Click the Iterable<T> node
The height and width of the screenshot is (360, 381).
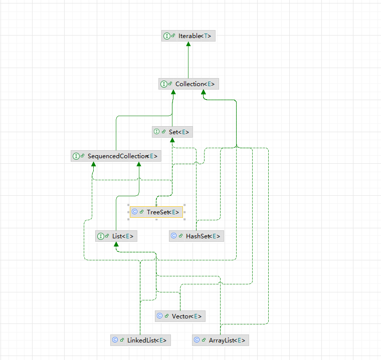tap(188, 36)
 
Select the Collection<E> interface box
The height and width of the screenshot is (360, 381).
tap(188, 84)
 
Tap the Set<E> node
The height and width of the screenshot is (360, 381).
tap(172, 132)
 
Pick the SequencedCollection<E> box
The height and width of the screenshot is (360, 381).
tap(116, 156)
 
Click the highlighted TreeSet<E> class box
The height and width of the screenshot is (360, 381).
tap(156, 212)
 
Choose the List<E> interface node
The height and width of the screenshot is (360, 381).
tap(116, 236)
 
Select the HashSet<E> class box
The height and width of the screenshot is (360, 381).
tap(196, 236)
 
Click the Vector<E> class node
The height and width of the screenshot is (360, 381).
tap(180, 316)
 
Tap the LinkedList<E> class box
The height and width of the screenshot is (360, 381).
tap(140, 340)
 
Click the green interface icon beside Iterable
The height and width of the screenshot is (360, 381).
tap(166, 36)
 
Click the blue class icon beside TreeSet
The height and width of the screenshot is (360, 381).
tap(134, 212)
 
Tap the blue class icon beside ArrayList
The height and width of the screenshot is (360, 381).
tap(197, 340)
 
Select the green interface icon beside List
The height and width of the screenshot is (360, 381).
tap(100, 236)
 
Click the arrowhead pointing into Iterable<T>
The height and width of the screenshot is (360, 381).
tap(188, 44)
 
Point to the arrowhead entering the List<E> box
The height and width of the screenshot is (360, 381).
tap(116, 244)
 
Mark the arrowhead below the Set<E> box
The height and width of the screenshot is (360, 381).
tap(172, 140)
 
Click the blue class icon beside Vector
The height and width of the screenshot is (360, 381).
tap(159, 316)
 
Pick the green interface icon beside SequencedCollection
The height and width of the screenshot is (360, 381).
tap(76, 156)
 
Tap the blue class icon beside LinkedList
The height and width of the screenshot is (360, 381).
tap(115, 340)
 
